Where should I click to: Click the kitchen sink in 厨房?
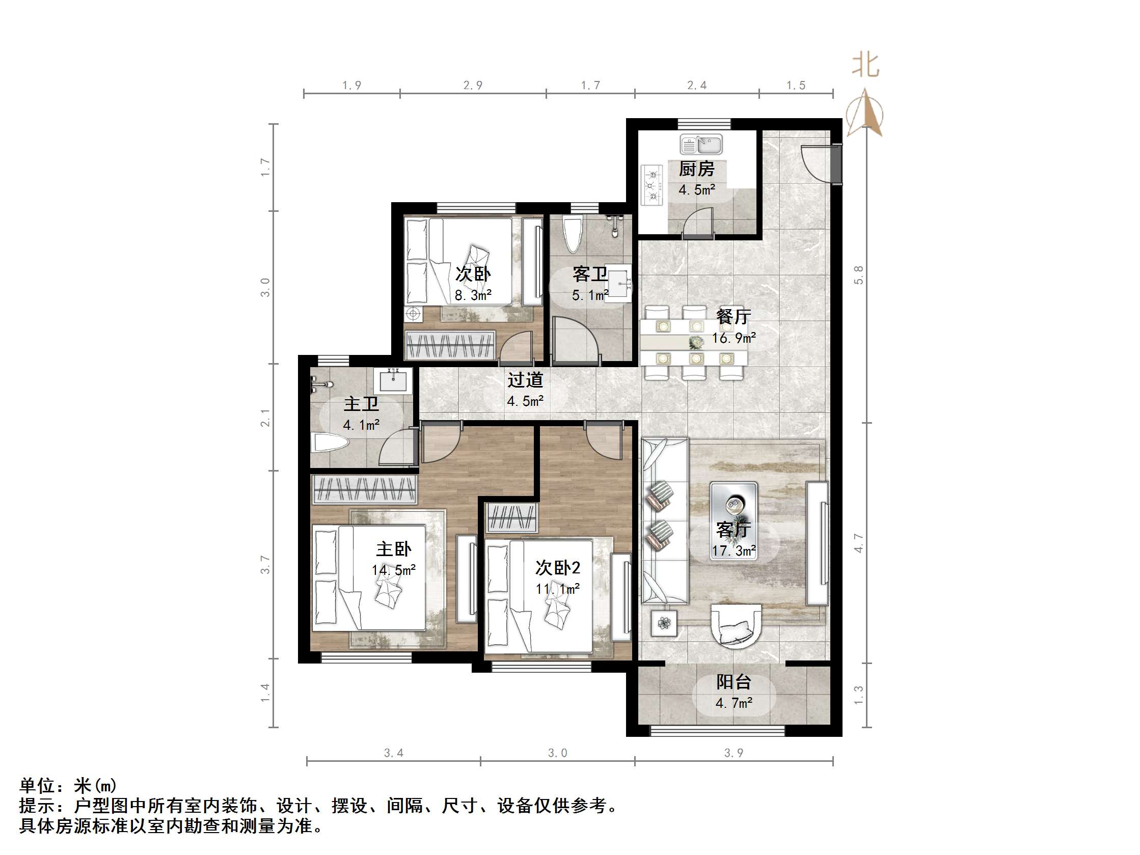(701, 144)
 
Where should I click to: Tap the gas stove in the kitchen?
(652, 185)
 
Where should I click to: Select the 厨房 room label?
(696, 169)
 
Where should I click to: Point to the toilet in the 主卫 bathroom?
(330, 443)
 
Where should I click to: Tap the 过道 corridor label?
(525, 380)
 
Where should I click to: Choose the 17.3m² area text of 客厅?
(734, 550)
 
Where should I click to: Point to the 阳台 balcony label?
(734, 682)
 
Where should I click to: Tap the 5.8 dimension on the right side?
(858, 274)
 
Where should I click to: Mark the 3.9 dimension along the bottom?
(734, 753)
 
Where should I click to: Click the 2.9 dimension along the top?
(473, 86)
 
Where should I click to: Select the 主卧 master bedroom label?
(394, 549)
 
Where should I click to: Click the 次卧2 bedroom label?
(558, 568)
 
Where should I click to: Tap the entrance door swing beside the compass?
(820, 162)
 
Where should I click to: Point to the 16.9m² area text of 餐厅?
(734, 338)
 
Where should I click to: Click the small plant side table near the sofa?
(664, 624)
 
